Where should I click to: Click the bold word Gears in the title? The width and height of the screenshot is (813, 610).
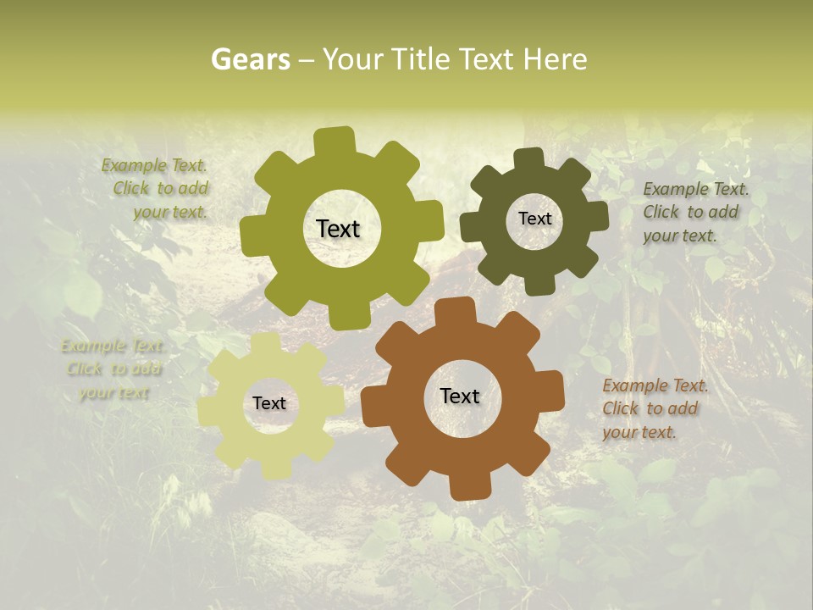tap(250, 59)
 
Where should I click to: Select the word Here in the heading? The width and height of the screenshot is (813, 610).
tap(555, 59)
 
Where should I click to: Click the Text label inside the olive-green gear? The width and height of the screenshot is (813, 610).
tap(338, 229)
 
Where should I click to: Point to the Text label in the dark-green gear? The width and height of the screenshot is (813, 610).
tap(534, 219)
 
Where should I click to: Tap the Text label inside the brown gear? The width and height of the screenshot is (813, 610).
tap(460, 396)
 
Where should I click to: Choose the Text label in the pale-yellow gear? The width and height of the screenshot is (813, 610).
tap(269, 403)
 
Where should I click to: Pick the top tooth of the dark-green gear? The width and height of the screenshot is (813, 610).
tap(529, 160)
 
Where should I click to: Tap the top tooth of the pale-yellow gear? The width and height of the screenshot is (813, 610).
tap(265, 342)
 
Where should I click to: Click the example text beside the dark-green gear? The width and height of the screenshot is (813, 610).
tap(695, 212)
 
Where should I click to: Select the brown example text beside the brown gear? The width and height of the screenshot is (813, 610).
tap(655, 408)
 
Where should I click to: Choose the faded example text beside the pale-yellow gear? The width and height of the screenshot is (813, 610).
tap(113, 369)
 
